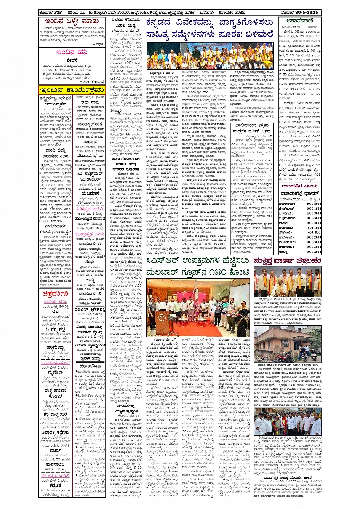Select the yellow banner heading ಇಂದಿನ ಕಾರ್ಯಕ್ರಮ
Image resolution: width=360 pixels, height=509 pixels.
[x=72, y=90]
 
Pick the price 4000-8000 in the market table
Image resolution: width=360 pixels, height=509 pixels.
[x=313, y=204]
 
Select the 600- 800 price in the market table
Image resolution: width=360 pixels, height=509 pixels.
[x=314, y=233]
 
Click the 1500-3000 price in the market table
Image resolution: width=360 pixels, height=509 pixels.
[x=313, y=213]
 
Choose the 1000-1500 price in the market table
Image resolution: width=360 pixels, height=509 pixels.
[x=313, y=209]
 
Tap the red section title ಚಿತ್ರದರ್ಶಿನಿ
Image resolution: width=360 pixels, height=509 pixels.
[x=56, y=294]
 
